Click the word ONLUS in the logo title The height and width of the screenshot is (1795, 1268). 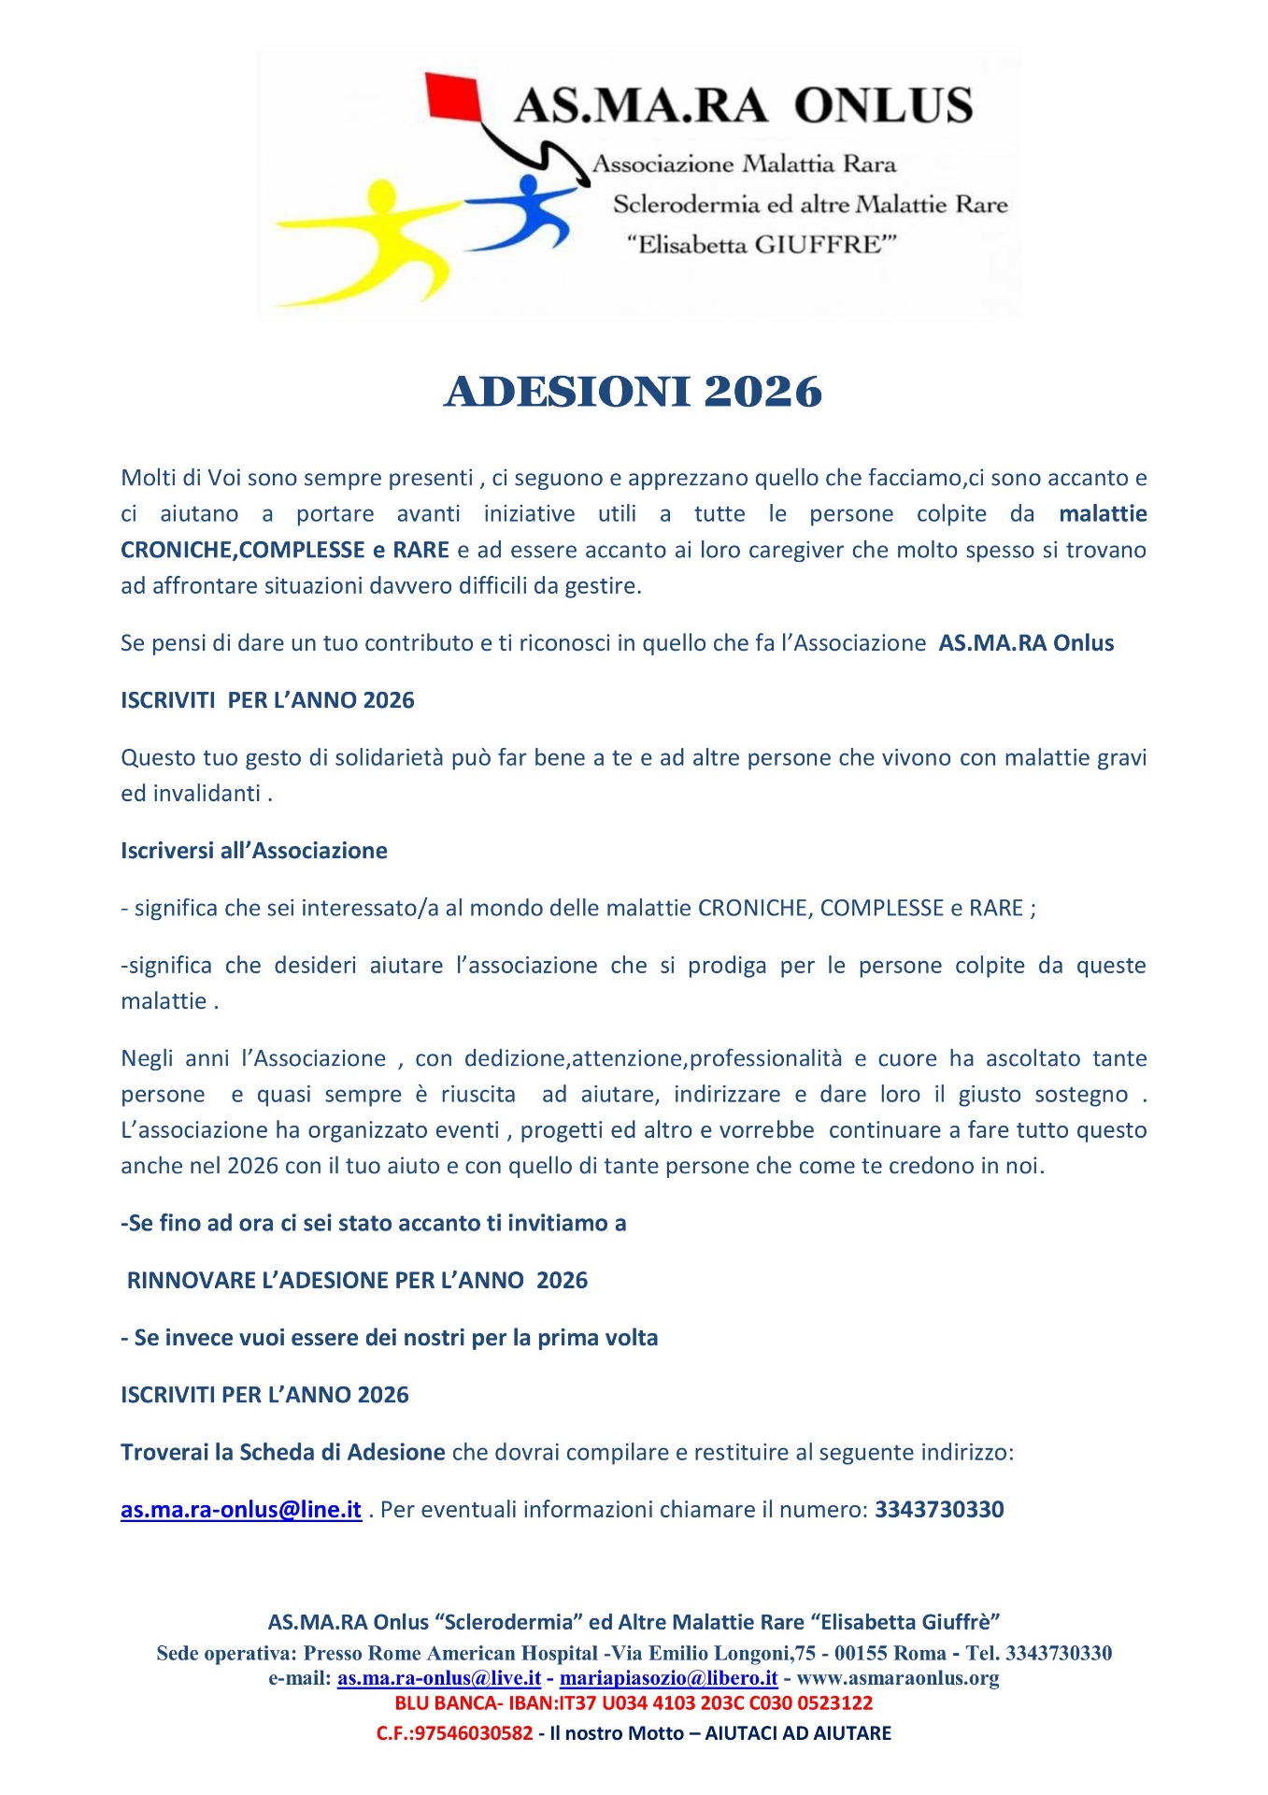coord(884,106)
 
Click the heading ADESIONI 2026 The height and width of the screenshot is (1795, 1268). coord(634,392)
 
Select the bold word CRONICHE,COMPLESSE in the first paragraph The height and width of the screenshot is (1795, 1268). coord(243,550)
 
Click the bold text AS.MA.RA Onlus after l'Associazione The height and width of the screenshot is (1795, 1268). coord(1026,643)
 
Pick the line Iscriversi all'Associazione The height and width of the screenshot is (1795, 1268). coord(254,851)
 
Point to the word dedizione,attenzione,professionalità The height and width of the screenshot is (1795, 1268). coord(653,1058)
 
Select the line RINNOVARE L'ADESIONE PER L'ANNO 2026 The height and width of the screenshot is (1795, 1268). coord(357,1280)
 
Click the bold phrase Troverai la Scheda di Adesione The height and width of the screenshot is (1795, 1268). coord(282,1452)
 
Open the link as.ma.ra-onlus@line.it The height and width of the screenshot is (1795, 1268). coord(241,1510)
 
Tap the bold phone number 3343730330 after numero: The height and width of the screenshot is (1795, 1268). coord(939,1510)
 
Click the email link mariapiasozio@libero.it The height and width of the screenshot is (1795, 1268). coord(669,1678)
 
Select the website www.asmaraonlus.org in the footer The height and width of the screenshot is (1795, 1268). coord(898,1678)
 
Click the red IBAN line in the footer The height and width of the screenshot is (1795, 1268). coord(634,1703)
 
